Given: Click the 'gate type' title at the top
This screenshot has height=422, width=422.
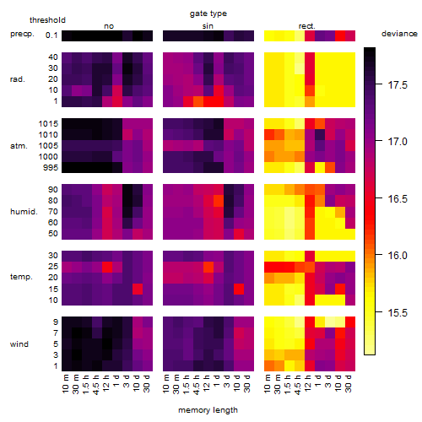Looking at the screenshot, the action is coord(208,14).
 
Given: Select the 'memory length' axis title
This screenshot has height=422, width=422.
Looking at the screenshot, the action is coord(208,410).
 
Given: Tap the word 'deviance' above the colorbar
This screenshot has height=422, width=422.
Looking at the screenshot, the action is coord(399,34).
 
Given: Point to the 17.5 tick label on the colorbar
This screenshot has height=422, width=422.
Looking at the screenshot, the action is coord(398,85).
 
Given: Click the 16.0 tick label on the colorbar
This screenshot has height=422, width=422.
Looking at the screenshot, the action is coord(398,256).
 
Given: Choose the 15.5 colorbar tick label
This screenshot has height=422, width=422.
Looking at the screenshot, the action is coord(398,312).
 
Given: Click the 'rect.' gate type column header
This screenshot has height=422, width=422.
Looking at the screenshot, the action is coord(307,26).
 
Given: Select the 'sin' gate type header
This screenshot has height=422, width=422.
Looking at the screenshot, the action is coord(208,26).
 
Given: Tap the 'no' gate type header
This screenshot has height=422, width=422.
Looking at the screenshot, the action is coord(109,26).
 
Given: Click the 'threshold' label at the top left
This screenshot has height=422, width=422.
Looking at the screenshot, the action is coord(47,20).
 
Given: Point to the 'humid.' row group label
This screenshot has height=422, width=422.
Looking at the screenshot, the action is coord(24,212).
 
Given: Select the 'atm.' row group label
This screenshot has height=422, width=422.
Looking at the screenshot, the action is coord(19,146).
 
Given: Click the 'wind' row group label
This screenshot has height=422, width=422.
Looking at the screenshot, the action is coord(19,344).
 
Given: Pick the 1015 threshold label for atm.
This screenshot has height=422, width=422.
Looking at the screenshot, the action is coord(48,123).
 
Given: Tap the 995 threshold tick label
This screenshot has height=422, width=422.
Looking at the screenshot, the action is coord(51,168).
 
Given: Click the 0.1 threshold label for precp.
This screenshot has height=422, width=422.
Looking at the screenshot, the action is coord(51,35).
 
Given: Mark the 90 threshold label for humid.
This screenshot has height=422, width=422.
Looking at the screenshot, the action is coord(53,190).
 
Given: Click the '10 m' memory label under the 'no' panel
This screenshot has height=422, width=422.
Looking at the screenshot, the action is coord(66,384).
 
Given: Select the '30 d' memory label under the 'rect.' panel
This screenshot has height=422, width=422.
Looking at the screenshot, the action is coord(349,384).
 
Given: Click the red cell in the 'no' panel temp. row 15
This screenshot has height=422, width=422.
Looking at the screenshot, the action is coord(138,289).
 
